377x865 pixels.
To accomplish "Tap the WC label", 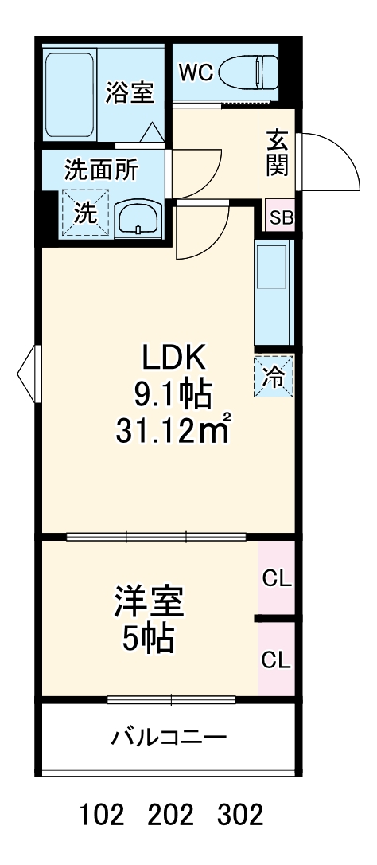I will pyautogui.click(x=195, y=72).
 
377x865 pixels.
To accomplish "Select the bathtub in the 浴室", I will pyautogui.click(x=70, y=96).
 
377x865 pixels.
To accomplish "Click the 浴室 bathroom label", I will pyautogui.click(x=129, y=93).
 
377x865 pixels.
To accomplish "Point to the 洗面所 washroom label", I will pyautogui.click(x=101, y=169).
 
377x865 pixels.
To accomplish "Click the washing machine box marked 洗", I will pyautogui.click(x=84, y=213).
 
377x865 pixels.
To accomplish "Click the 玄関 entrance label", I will pyautogui.click(x=278, y=155).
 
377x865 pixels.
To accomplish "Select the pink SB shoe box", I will pyautogui.click(x=280, y=217).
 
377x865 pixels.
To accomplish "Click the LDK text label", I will pyautogui.click(x=174, y=357).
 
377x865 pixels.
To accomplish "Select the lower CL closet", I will pyautogui.click(x=277, y=659).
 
